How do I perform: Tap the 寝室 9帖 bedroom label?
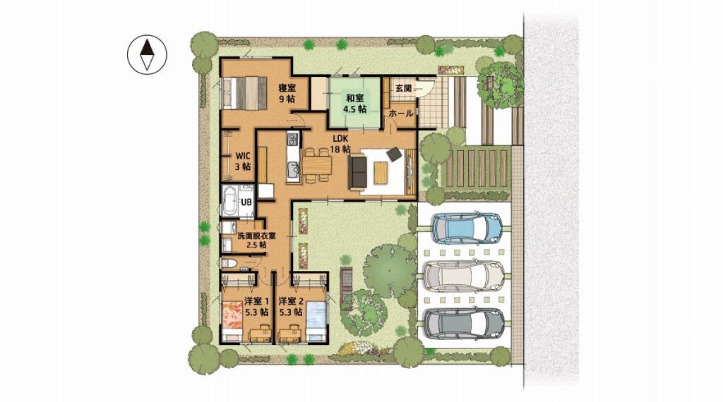coord(287,93)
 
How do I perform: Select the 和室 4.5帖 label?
coord(354,104)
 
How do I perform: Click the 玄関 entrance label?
coord(402,88)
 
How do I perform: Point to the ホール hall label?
coord(401,114)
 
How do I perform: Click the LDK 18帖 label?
coord(340,144)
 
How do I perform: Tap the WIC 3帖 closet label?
coord(243,162)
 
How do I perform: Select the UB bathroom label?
coord(246,202)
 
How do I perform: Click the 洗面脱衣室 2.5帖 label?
coord(256,240)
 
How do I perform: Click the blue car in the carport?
coord(467,228)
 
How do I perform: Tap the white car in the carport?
coord(463,276)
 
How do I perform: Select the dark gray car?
coord(464,324)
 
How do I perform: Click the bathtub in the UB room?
coord(229,201)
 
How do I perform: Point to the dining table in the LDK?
coord(317,165)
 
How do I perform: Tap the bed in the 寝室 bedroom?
coord(244,92)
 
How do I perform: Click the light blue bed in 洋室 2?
coord(317,321)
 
